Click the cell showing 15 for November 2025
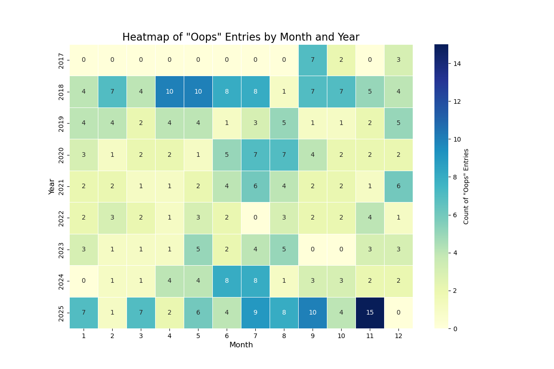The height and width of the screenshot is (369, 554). pyautogui.click(x=370, y=313)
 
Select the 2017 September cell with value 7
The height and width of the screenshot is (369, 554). pyautogui.click(x=313, y=60)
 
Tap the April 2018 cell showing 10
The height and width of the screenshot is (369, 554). pyautogui.click(x=169, y=91)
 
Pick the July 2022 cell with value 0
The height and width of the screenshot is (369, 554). pyautogui.click(x=255, y=218)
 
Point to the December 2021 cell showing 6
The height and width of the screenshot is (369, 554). pyautogui.click(x=398, y=186)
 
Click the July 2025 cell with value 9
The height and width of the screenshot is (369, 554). pyautogui.click(x=255, y=313)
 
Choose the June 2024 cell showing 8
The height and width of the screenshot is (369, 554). pyautogui.click(x=227, y=281)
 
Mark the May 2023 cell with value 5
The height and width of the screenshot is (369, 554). pyautogui.click(x=198, y=250)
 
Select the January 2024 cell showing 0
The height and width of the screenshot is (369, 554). pyautogui.click(x=84, y=281)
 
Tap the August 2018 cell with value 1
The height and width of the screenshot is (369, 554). pyautogui.click(x=284, y=91)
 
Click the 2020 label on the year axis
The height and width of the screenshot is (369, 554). pyautogui.click(x=61, y=155)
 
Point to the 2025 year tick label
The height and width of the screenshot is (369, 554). pyautogui.click(x=61, y=313)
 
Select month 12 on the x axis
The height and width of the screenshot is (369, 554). pyautogui.click(x=398, y=336)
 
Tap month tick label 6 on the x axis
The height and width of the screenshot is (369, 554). pyautogui.click(x=227, y=336)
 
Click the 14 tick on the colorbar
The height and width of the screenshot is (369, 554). pyautogui.click(x=457, y=64)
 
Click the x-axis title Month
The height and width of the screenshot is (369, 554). pyautogui.click(x=241, y=345)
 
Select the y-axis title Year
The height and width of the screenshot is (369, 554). pyautogui.click(x=52, y=186)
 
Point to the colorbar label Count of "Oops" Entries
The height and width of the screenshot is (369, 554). pyautogui.click(x=466, y=186)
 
